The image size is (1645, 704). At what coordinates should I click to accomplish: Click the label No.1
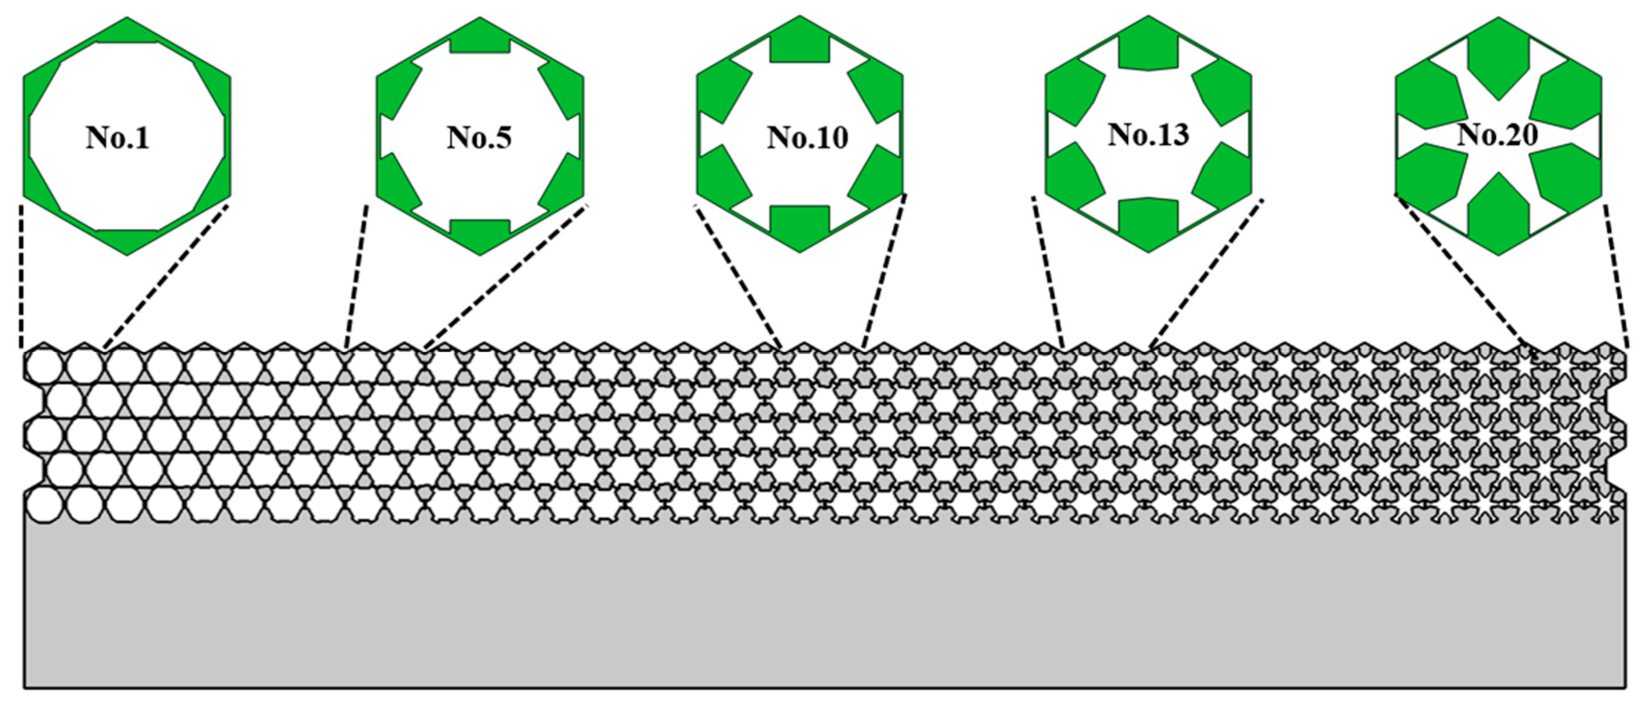coord(118,138)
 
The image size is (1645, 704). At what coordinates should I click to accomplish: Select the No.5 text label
coord(479,138)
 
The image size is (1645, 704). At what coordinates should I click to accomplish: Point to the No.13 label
coord(1148,135)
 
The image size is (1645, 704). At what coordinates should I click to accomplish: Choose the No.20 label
coord(1498,135)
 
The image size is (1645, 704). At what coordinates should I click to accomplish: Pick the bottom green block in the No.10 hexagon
coord(800,227)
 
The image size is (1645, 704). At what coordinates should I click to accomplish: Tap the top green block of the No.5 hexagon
coord(480,37)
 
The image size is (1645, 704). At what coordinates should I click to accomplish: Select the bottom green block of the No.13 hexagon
coord(1148,224)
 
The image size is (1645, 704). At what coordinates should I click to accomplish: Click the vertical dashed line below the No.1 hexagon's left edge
coord(22,274)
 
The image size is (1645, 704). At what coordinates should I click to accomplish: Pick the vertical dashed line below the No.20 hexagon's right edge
coord(1615,274)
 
